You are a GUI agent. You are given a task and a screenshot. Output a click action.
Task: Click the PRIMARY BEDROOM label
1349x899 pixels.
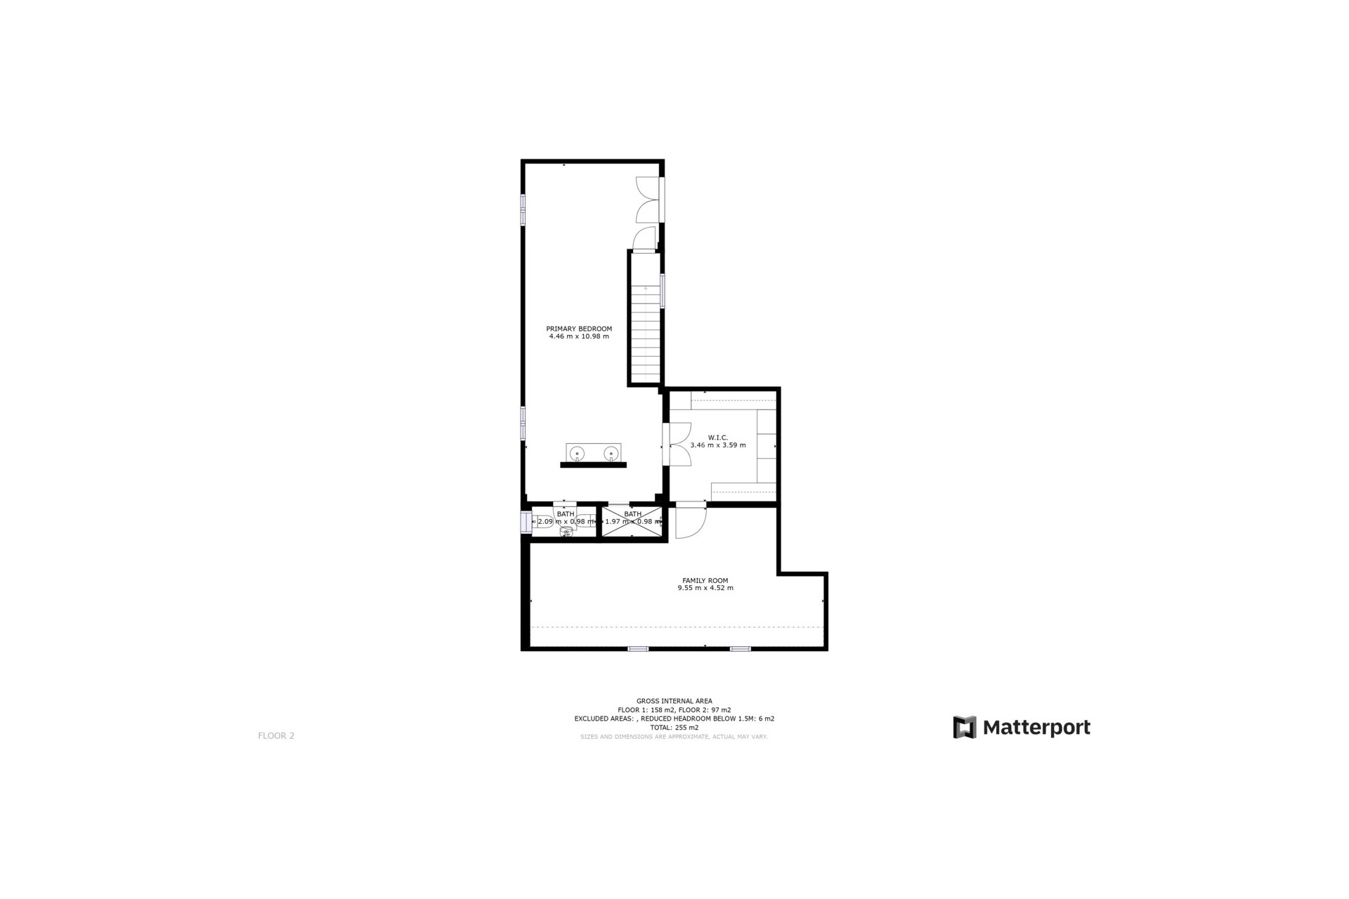click(x=579, y=329)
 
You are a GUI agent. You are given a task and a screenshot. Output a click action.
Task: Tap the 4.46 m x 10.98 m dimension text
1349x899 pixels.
click(x=579, y=336)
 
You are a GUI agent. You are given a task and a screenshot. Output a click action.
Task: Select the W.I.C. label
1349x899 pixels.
click(x=717, y=438)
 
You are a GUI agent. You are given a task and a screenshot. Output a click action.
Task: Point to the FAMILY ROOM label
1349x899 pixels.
click(x=705, y=580)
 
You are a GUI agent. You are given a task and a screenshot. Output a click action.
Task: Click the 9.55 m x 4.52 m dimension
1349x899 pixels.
click(x=705, y=588)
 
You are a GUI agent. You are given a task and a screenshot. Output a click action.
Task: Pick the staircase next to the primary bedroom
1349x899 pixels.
click(x=645, y=330)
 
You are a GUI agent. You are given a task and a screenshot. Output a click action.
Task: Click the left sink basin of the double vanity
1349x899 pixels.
click(x=577, y=453)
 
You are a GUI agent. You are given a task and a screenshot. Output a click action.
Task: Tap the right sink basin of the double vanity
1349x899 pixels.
click(x=611, y=453)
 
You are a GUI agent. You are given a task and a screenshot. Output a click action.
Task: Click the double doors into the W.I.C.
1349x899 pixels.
click(x=679, y=444)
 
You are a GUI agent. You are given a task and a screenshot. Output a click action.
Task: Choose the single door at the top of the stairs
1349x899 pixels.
click(x=644, y=239)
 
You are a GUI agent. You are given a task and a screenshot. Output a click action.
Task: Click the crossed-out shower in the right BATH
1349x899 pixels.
click(x=632, y=522)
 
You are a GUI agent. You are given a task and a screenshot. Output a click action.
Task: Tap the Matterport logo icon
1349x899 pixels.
click(x=964, y=728)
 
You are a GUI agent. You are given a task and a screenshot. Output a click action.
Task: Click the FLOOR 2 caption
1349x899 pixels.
click(x=276, y=736)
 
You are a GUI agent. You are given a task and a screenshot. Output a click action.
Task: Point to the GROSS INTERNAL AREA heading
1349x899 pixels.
click(x=674, y=701)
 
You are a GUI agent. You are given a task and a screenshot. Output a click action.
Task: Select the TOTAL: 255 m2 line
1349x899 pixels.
click(x=674, y=728)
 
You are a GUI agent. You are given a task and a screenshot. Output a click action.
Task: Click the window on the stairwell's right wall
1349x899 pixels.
click(x=663, y=289)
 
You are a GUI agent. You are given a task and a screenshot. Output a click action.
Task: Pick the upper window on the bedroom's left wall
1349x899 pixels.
click(x=523, y=210)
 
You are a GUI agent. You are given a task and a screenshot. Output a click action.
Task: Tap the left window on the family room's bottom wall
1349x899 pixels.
click(x=637, y=649)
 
